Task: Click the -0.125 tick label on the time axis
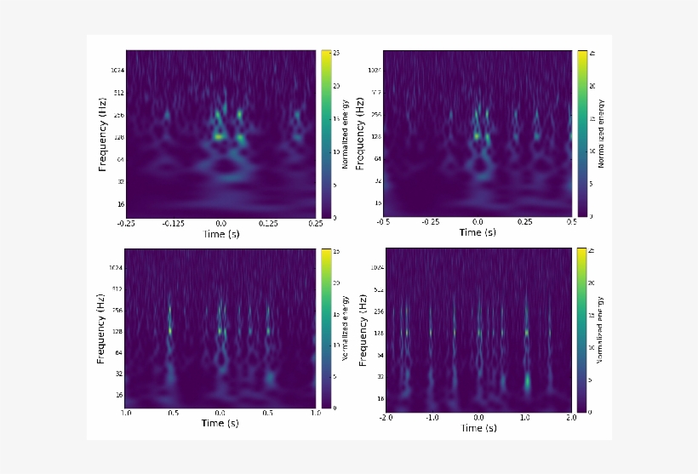(174, 224)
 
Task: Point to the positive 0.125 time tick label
(269, 224)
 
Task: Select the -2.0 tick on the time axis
(386, 419)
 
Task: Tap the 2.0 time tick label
(571, 419)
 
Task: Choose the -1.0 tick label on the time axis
(432, 419)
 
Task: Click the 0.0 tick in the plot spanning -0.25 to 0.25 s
(221, 224)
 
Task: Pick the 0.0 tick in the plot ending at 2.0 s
(479, 419)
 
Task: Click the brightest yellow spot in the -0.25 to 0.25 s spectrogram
(219, 136)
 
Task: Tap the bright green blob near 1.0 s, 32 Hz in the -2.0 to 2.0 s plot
(528, 381)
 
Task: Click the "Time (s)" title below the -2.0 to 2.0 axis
(478, 429)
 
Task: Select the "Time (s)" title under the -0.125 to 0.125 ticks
(221, 234)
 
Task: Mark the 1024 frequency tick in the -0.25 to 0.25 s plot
(117, 70)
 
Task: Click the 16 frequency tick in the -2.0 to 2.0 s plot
(380, 398)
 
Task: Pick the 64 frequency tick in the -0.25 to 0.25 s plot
(120, 159)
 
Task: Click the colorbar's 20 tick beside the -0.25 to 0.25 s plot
(336, 86)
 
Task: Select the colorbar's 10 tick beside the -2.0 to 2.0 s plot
(592, 347)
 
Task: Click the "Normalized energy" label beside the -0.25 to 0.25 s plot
(346, 134)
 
